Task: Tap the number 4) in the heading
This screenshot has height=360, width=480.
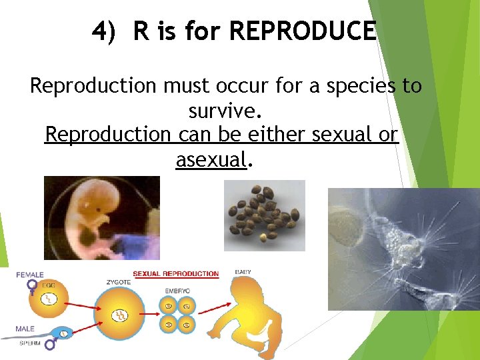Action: click(106, 31)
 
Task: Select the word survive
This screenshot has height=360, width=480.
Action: click(220, 110)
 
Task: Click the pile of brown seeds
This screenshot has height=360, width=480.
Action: click(264, 215)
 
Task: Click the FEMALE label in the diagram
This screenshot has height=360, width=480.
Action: click(31, 275)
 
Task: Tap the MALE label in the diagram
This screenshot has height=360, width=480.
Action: click(25, 329)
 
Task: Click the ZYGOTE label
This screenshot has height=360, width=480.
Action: click(119, 282)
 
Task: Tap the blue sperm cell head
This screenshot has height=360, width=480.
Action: click(64, 333)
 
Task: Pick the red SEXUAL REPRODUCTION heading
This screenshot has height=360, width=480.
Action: click(175, 273)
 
